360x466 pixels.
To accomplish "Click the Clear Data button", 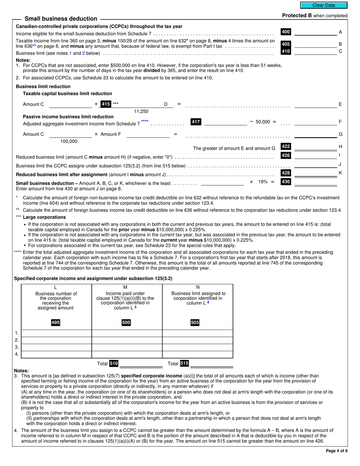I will click(323, 5).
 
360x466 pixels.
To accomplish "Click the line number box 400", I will click(286, 32).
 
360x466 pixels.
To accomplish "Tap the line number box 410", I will click(286, 51).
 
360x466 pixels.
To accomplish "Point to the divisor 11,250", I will click(141, 111).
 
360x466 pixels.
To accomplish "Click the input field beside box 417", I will click(225, 122).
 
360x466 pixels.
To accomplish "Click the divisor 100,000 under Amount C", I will click(69, 141).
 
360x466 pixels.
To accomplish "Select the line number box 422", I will click(286, 146).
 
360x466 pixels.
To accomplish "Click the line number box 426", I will click(286, 155).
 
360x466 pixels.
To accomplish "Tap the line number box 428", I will click(286, 173).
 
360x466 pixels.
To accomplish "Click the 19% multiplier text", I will click(261, 182).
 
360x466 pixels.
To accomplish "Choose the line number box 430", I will click(286, 182).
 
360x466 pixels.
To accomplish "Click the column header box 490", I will click(56, 323).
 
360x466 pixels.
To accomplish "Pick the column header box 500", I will click(126, 323).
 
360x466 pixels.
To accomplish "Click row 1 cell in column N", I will click(197, 333).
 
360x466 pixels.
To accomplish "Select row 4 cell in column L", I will click(56, 354).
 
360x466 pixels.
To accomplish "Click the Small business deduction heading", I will click(61, 19).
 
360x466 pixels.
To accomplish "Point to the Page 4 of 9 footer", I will click(337, 450).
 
